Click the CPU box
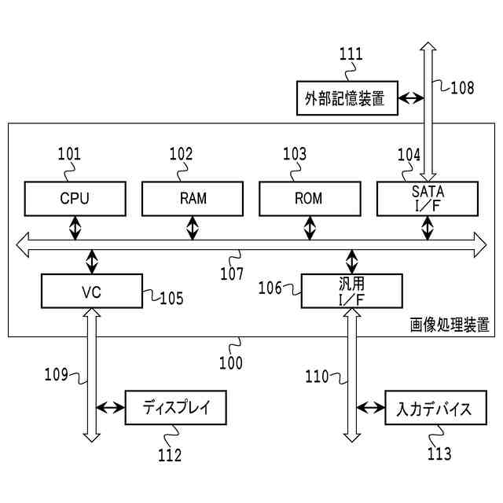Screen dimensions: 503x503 coord(75,199)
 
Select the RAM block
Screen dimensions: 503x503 coord(193,199)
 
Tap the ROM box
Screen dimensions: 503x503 coord(310,199)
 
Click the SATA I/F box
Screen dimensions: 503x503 coord(428,199)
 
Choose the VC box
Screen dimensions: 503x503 coord(92,291)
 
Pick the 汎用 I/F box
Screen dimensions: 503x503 coord(352,291)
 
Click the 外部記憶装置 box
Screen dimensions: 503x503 coord(347,98)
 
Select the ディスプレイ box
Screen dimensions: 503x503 coord(176,407)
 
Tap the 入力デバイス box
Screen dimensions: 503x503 coord(436,407)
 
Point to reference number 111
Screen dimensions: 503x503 coord(351,54)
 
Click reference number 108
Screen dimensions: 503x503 coord(462,87)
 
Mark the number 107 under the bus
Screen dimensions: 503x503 coord(232,274)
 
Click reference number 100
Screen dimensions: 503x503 coord(231,363)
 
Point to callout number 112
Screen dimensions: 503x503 coord(170,455)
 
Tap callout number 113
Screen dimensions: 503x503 coord(439,453)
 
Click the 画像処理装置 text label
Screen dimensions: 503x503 coord(450,325)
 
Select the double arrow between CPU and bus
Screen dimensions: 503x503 coord(75,228)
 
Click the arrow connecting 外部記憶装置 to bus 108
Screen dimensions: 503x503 coord(411,98)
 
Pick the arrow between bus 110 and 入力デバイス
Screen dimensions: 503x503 coord(371,408)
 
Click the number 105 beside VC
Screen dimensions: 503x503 coord(171,298)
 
